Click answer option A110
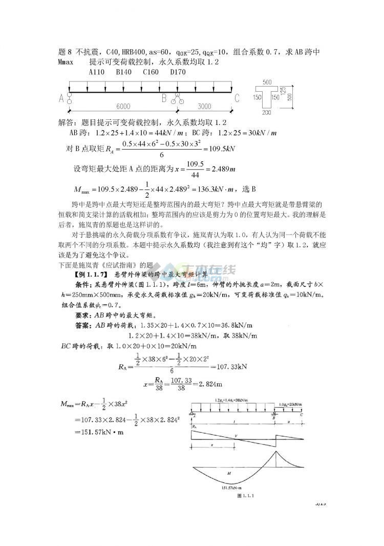click(x=97, y=72)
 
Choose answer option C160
click(x=151, y=72)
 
